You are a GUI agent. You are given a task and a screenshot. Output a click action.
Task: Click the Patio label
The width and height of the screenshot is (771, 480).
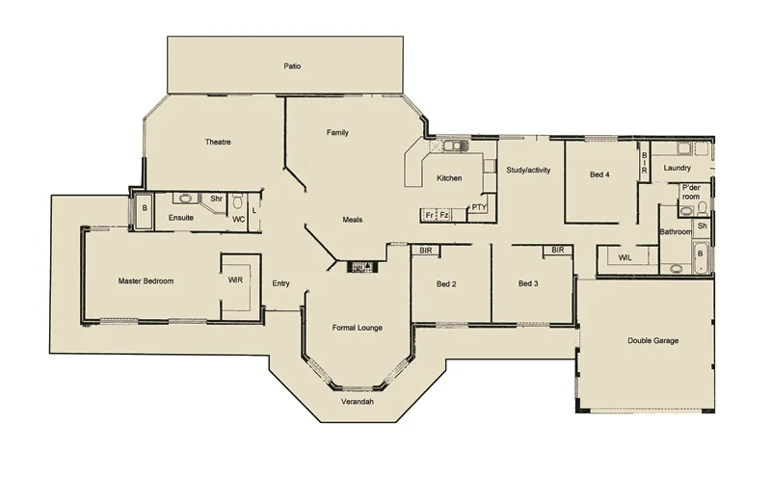coord(292,67)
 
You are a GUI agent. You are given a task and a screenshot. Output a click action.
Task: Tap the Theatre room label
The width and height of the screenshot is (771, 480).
coord(218,143)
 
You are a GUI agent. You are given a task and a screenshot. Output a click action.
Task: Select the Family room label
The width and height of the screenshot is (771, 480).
coord(337,132)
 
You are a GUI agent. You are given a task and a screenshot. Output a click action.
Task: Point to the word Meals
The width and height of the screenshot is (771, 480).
coord(352,220)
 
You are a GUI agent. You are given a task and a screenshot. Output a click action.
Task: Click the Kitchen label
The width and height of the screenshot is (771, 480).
coord(450,178)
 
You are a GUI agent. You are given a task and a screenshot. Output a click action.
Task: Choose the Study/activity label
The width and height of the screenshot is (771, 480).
coord(528,171)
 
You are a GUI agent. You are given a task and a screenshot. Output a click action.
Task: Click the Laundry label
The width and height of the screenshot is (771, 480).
coord(678,169)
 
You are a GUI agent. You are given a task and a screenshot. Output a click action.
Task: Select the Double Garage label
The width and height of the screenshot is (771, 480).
coord(652,340)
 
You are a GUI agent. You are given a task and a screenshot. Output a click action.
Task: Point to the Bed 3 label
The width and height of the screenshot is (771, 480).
coord(528,283)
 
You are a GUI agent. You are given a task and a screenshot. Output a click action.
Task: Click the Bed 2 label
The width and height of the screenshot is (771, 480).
coord(446,283)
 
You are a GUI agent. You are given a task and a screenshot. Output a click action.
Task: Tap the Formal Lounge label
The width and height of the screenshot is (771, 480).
coord(357,328)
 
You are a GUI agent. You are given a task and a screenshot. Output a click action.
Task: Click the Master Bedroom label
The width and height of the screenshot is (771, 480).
coord(146,281)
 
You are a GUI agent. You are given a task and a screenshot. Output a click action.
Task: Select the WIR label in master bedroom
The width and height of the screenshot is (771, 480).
coord(234,281)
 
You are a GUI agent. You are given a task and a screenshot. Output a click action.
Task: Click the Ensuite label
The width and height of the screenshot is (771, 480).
coord(181,219)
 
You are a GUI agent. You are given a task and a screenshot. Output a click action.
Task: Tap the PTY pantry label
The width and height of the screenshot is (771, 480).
coord(479,208)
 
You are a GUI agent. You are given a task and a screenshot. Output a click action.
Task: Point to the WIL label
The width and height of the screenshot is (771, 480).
coord(625,257)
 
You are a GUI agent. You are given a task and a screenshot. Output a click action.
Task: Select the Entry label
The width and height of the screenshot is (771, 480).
coord(280,283)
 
